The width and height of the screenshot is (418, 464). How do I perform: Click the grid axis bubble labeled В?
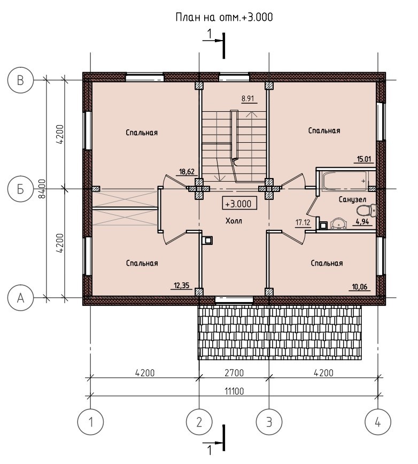[20, 80]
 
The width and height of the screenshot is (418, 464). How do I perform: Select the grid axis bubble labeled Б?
[20, 189]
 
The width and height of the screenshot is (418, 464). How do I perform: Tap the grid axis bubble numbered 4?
[378, 422]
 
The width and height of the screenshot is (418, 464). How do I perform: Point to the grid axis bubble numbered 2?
[199, 422]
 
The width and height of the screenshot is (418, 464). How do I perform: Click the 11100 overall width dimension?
[234, 391]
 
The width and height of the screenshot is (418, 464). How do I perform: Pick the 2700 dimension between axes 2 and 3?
[234, 373]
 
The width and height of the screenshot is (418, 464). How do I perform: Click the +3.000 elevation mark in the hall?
[239, 203]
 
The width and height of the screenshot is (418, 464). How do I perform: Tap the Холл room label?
[234, 221]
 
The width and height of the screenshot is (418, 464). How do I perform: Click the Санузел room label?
[352, 200]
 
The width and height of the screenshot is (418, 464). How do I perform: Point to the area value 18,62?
[187, 172]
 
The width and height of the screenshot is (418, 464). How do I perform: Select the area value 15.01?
[364, 159]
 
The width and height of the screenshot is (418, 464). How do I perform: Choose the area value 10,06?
[360, 287]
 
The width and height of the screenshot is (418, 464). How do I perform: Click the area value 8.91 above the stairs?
[248, 98]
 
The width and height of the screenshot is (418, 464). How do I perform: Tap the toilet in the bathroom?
[366, 211]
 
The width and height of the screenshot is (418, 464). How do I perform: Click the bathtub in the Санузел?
[345, 181]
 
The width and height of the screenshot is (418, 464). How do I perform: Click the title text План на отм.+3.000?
[225, 17]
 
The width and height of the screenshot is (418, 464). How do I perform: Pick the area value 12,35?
[181, 285]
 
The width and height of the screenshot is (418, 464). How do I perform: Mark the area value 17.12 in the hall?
[303, 222]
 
